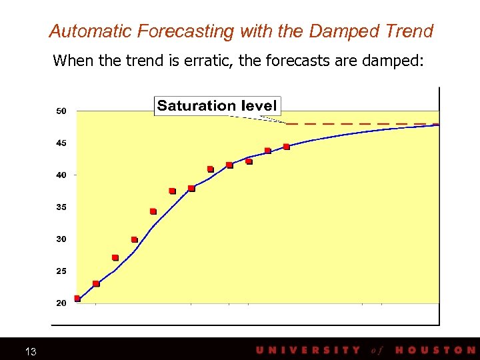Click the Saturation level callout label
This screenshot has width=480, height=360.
217,105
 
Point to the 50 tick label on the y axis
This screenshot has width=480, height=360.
61,111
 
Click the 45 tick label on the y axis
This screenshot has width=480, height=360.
61,143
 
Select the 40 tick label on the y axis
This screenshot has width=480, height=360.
61,175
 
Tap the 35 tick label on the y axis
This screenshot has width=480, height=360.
61,207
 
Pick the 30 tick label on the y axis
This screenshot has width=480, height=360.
61,239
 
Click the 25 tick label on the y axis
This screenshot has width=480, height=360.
61,271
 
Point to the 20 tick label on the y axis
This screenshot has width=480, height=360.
61,303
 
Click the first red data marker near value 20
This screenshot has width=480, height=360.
77,298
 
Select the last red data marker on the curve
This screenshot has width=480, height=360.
287,147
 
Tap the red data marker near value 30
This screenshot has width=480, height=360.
134,239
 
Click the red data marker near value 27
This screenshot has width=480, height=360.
115,257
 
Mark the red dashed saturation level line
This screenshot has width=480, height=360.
360,124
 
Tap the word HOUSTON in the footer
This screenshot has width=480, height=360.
435,350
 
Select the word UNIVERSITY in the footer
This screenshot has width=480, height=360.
308,350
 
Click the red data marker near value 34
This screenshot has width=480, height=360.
153,211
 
